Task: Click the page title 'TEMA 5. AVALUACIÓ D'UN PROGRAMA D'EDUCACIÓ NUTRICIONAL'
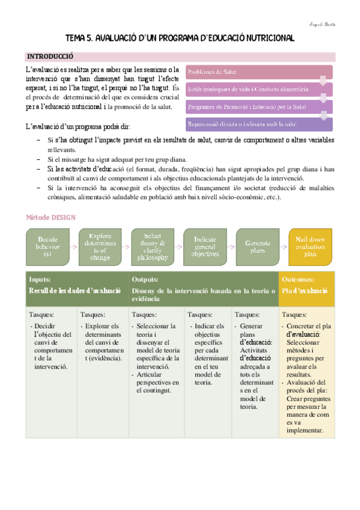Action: tap(180, 38)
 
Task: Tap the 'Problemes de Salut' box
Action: tap(259, 72)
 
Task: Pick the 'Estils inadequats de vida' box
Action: tap(259, 90)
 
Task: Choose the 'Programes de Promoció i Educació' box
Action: tap(259, 106)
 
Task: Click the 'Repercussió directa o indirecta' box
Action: tap(259, 124)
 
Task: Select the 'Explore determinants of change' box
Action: tap(100, 247)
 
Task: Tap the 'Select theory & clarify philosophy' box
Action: tap(152, 247)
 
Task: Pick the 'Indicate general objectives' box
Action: tap(206, 247)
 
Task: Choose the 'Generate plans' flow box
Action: tap(258, 247)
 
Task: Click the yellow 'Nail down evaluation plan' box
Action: tap(310, 247)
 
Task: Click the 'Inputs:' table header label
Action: tap(40, 280)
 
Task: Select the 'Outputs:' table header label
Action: tap(145, 280)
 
